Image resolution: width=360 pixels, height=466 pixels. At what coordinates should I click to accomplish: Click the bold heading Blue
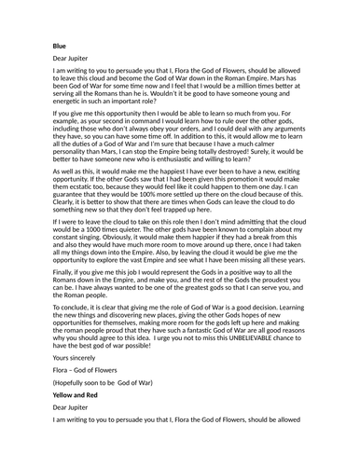[60, 44]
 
